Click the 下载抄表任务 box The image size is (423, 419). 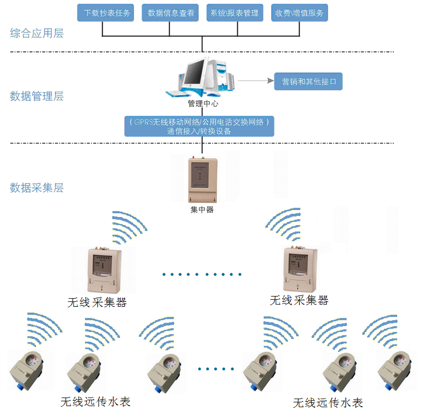pyautogui.click(x=108, y=13)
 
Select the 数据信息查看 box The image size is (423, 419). pyautogui.click(x=171, y=13)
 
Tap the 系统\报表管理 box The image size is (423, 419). pyautogui.click(x=235, y=13)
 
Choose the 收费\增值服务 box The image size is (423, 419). pyautogui.click(x=299, y=13)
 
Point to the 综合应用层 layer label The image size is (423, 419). pyautogui.click(x=37, y=33)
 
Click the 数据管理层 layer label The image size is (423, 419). pyautogui.click(x=37, y=97)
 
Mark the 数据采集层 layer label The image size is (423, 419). pyautogui.click(x=37, y=188)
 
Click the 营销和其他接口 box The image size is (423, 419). pyautogui.click(x=308, y=82)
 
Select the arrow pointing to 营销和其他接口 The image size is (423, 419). pyautogui.click(x=256, y=81)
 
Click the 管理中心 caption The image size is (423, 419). pyautogui.click(x=202, y=104)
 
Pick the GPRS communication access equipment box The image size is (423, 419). pyautogui.click(x=199, y=126)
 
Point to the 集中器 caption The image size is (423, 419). pyautogui.click(x=202, y=209)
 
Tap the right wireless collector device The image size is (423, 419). pyautogui.click(x=299, y=269)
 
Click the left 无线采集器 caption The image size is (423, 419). pyautogui.click(x=97, y=302)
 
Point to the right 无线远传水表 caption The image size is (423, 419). pyautogui.click(x=327, y=403)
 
